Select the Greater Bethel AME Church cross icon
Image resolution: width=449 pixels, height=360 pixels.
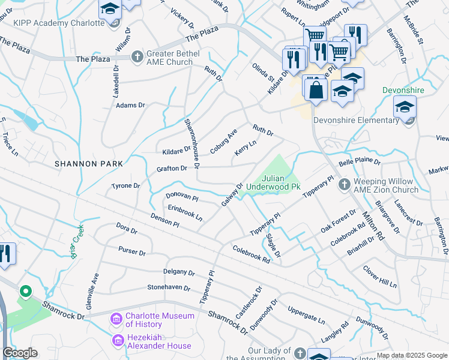coord(137,57)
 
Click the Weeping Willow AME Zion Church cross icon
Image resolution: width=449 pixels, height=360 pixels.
coord(345,184)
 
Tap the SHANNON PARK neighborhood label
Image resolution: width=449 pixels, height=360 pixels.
coord(88,164)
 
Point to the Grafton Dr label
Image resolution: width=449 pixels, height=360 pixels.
coord(171,169)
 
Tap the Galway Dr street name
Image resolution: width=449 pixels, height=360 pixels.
coord(232,194)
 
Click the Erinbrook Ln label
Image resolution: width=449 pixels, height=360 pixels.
coord(185,211)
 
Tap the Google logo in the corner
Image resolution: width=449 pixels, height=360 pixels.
coord(20,353)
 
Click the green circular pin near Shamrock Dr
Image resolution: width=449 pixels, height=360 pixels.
coord(25,292)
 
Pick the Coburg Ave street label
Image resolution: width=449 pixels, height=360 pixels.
coord(223,140)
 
